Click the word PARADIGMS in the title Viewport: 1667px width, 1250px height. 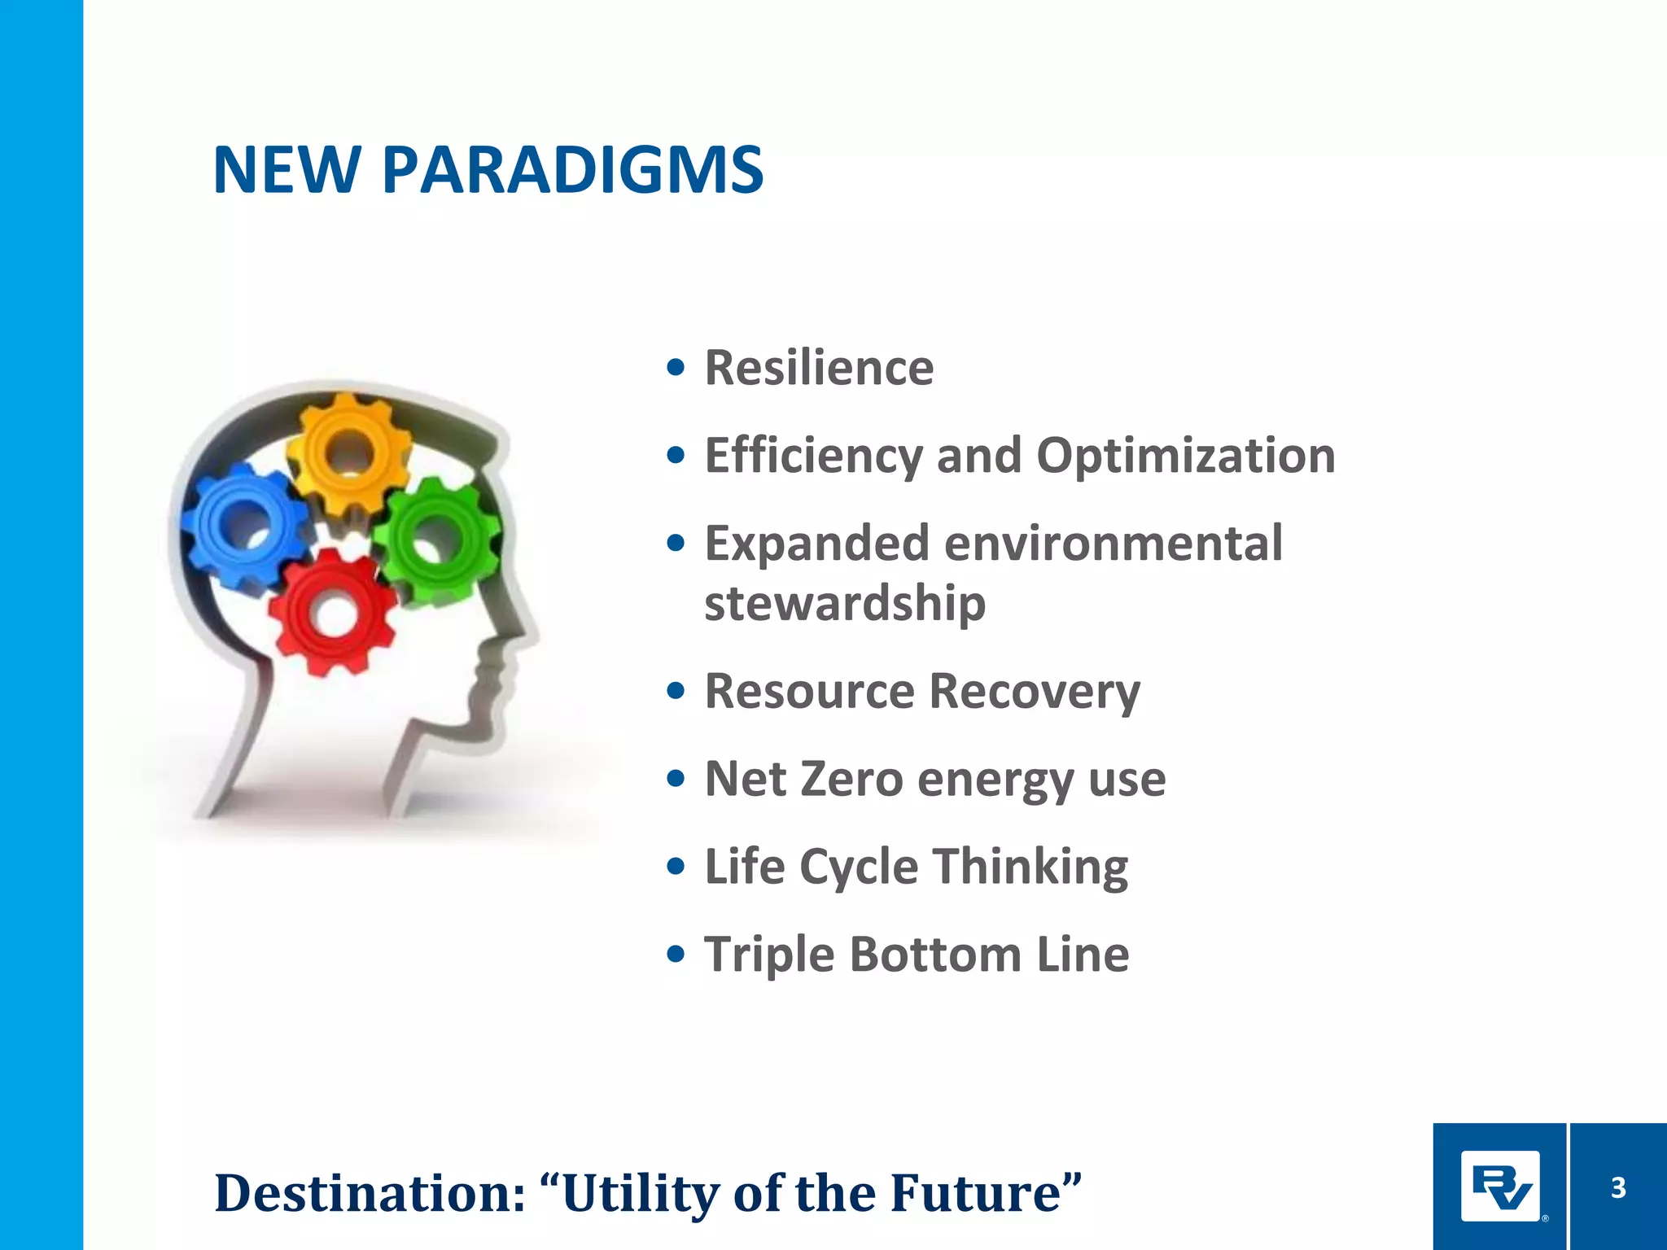click(x=572, y=170)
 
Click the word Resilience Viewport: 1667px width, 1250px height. click(x=819, y=368)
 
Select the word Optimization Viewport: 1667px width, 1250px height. click(x=1185, y=456)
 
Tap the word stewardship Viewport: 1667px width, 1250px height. click(x=845, y=603)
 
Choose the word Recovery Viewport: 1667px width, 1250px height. click(x=1034, y=692)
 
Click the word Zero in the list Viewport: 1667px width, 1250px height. click(x=851, y=779)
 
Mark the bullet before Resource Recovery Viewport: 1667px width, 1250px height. click(x=675, y=692)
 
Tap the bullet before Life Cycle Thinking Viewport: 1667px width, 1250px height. click(x=675, y=867)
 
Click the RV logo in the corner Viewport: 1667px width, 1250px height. click(x=1499, y=1187)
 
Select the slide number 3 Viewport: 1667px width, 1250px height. click(x=1618, y=1188)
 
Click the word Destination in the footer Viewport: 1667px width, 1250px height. click(x=370, y=1193)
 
